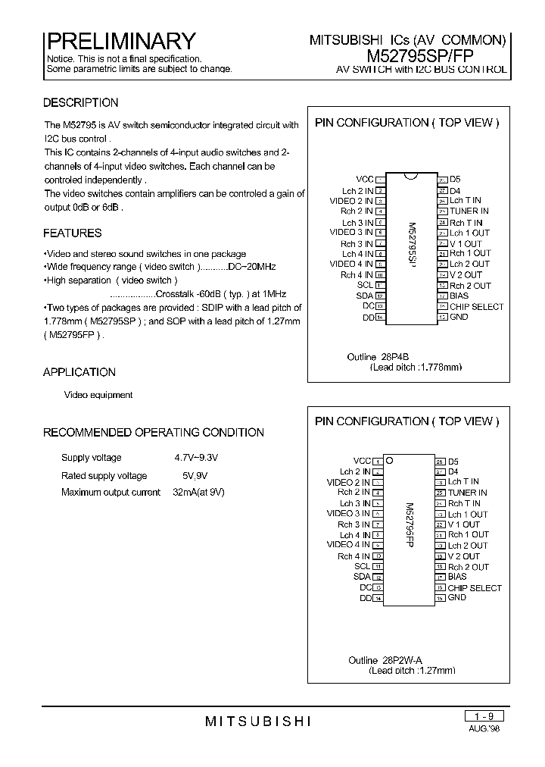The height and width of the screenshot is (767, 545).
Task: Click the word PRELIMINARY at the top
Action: coord(121,40)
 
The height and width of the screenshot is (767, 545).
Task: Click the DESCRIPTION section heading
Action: coord(80,103)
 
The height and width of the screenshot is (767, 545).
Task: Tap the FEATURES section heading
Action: coord(72,233)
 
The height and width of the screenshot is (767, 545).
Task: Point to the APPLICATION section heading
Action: coord(79,372)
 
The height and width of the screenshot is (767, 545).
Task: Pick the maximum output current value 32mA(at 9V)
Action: coord(198,493)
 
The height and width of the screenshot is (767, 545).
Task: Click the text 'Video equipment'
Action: coord(98,395)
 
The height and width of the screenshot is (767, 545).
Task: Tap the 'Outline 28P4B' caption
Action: coord(372,357)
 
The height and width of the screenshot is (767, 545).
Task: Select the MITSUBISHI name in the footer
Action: coord(258,722)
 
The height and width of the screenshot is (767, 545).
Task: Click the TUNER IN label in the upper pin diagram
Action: coord(469,211)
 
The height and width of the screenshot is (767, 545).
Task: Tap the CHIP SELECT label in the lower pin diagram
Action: coord(475,587)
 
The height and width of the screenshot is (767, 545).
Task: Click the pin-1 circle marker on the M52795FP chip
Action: coord(389,460)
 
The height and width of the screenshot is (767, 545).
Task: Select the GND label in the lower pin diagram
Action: coord(457,597)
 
